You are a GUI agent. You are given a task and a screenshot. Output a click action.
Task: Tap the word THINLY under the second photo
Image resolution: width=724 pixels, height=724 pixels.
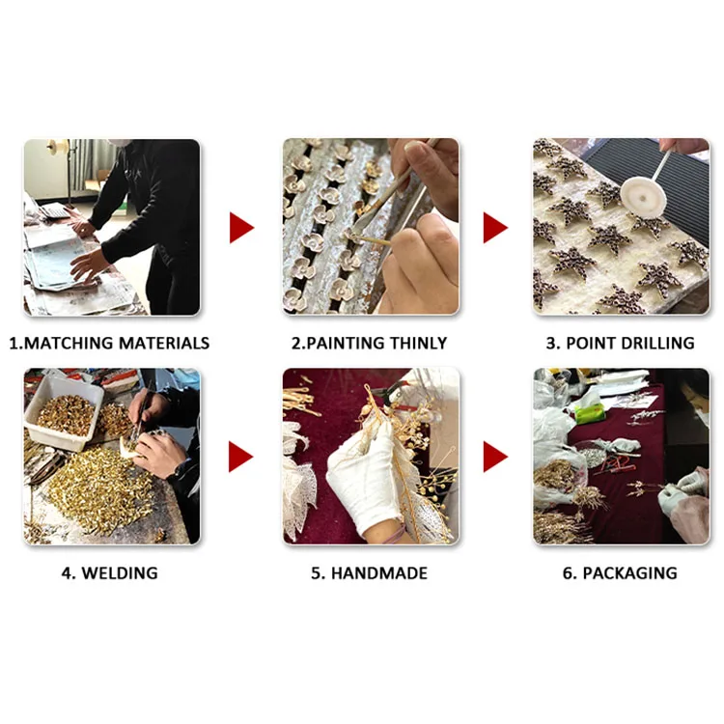(418, 343)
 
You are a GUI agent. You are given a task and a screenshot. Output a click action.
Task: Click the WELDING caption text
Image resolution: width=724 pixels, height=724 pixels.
(120, 573)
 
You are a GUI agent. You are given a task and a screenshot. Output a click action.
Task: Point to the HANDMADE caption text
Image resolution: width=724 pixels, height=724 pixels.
(379, 573)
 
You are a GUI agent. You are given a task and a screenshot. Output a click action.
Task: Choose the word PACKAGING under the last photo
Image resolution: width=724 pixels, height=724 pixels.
(629, 573)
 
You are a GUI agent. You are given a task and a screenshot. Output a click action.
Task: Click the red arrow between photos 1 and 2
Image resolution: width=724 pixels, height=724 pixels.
(241, 228)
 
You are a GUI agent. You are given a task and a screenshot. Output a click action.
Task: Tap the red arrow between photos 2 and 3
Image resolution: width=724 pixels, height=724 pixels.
(495, 228)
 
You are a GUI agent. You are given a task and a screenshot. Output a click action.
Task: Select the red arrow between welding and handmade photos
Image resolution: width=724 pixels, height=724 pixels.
(241, 457)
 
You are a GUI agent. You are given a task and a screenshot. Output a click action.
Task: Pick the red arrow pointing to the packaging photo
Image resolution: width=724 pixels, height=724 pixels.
(495, 457)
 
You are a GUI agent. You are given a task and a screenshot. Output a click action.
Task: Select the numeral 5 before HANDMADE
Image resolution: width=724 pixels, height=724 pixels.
(317, 573)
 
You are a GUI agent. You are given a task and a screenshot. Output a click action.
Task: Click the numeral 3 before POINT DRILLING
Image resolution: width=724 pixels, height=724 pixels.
(551, 343)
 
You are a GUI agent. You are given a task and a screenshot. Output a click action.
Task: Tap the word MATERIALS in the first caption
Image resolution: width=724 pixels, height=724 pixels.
(164, 343)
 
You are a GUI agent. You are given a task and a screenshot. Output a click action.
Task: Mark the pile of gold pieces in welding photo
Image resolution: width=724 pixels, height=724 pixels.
(99, 489)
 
